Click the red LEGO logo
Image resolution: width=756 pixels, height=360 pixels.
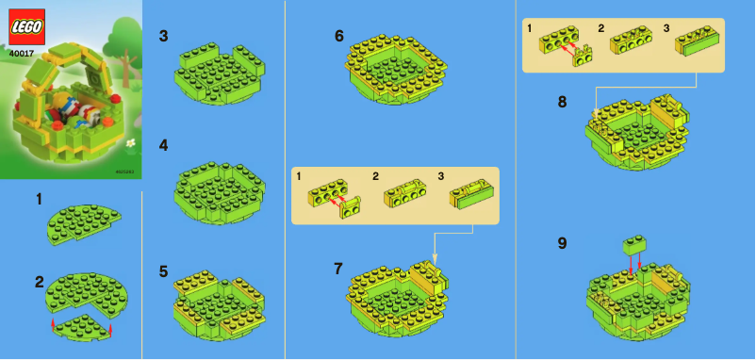pyautogui.click(x=26, y=27)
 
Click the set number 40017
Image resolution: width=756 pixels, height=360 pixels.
pyautogui.click(x=24, y=54)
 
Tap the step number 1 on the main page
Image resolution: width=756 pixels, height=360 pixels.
pyautogui.click(x=39, y=199)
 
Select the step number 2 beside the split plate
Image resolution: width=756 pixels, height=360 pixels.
pyautogui.click(x=39, y=281)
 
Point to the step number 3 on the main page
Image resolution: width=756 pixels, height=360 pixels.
pyautogui.click(x=164, y=37)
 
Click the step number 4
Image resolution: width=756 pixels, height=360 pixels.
pyautogui.click(x=164, y=145)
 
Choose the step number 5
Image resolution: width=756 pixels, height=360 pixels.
pyautogui.click(x=164, y=271)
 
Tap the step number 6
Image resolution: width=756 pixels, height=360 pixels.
pyautogui.click(x=339, y=36)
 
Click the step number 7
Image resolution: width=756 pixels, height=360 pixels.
pyautogui.click(x=338, y=269)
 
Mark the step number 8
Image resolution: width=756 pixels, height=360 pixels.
pyautogui.click(x=562, y=102)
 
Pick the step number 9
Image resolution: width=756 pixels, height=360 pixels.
pyautogui.click(x=562, y=243)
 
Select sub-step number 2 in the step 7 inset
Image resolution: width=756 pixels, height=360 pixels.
pyautogui.click(x=375, y=176)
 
